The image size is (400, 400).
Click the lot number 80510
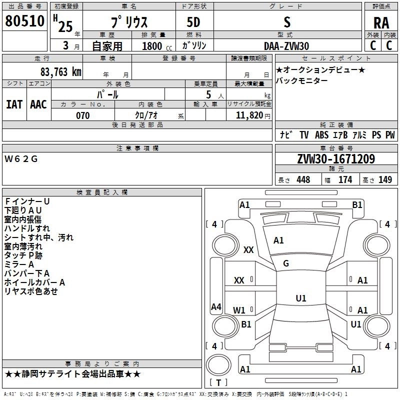tap(24, 22)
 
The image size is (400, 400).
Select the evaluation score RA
tap(381, 23)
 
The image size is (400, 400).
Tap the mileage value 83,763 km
tap(60, 71)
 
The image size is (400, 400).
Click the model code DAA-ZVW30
tap(286, 45)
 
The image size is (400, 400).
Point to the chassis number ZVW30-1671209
tap(335, 159)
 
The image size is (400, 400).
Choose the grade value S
tap(286, 22)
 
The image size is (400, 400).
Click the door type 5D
tap(193, 22)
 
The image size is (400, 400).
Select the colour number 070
tap(82, 115)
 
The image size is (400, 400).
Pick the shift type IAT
tap(14, 104)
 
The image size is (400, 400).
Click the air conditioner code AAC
tap(38, 104)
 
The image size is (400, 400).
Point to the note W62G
tap(21, 159)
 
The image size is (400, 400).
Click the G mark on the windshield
tap(286, 263)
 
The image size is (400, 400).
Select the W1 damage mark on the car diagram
tap(239, 310)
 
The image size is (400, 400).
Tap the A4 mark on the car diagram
tap(216, 306)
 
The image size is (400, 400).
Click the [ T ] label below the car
tap(218, 383)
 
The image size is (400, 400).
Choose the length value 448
tap(303, 180)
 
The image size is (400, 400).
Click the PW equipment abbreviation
tap(390, 135)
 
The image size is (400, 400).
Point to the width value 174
tap(345, 180)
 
